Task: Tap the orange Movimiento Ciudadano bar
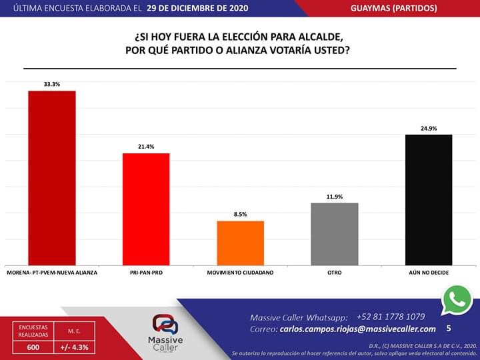241,243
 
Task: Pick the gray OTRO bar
335,233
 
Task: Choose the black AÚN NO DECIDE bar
429,199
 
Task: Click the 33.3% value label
51,85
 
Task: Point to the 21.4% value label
146,147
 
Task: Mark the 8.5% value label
241,214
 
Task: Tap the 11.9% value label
335,196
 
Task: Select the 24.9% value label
429,128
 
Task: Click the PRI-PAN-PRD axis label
146,273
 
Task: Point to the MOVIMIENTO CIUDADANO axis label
241,273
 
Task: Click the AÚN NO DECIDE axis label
429,273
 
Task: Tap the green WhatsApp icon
457,301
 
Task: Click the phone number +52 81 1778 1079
391,316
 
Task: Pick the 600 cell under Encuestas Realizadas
33,347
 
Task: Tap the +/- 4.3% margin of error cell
75,347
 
